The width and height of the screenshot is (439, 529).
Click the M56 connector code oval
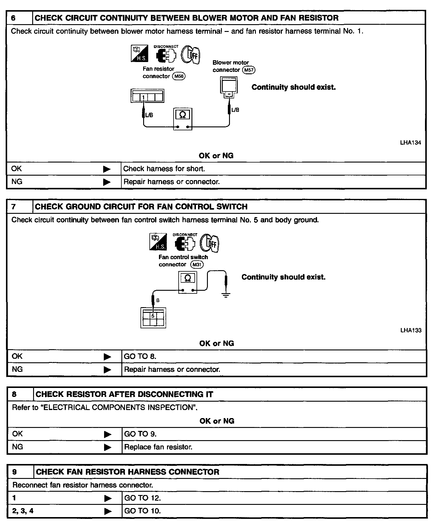click(x=179, y=76)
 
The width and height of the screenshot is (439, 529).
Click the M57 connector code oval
click(x=249, y=70)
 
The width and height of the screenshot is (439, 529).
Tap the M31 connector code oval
click(x=197, y=264)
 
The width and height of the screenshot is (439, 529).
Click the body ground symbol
click(x=226, y=295)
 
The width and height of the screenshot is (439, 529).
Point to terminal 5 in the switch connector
click(x=153, y=315)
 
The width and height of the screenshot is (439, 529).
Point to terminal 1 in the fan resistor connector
click(x=143, y=97)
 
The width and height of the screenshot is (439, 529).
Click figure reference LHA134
click(x=410, y=143)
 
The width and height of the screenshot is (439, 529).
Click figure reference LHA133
click(x=411, y=330)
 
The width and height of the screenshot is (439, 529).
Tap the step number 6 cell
click(x=19, y=18)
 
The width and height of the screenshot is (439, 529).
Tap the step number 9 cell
click(x=20, y=472)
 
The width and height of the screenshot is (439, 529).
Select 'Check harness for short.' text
click(x=164, y=169)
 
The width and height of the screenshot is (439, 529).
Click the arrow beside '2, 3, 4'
click(x=108, y=511)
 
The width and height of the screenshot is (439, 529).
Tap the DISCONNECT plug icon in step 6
click(x=166, y=55)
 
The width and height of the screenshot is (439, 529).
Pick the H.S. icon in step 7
click(x=158, y=242)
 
